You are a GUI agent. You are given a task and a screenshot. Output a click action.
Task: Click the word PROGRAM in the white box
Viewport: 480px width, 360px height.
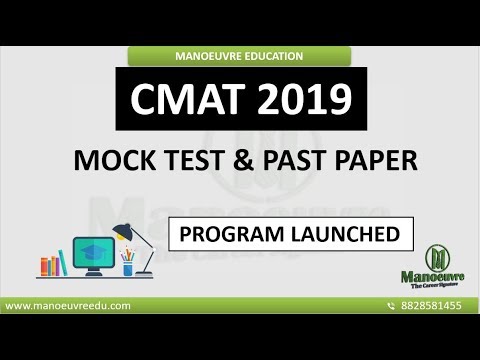226,236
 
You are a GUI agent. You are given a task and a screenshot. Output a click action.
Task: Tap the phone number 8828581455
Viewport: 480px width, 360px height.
432,305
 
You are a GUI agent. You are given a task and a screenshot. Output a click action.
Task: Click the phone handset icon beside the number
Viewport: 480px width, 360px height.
391,305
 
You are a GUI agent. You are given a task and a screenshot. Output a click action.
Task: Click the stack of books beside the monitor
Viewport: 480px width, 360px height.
50,266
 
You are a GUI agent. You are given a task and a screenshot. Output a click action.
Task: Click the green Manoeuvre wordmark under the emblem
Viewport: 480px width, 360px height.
438,277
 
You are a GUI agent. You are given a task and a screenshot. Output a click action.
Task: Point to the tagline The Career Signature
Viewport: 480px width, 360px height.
438,286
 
